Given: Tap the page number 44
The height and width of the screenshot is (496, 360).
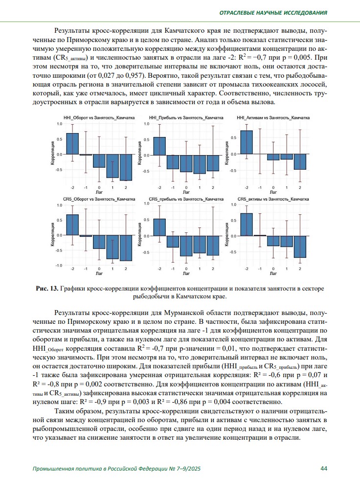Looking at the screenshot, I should point(324,468).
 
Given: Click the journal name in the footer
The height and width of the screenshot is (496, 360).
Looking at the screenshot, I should point(116,469).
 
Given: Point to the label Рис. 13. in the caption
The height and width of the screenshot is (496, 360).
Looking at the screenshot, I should point(47,289).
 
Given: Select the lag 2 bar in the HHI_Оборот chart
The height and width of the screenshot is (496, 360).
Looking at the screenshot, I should point(126,167).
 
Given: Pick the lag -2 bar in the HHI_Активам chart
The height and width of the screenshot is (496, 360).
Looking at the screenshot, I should point(247,142).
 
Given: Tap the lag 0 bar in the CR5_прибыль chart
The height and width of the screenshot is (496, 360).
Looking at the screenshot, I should point(186,246).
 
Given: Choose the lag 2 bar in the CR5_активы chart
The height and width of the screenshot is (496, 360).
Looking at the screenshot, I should point(300,247).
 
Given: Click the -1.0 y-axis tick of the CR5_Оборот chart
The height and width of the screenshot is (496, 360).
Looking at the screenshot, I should point(59,265).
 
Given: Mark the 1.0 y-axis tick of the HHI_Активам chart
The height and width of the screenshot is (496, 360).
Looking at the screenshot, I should point(234,124).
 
